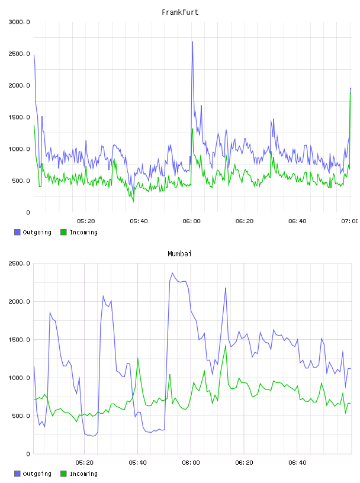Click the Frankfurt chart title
pyautogui.click(x=180, y=12)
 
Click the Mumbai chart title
pyautogui.click(x=179, y=254)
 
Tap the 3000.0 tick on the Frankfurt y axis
pyautogui.click(x=20, y=22)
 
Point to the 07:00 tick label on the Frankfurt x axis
pyautogui.click(x=351, y=221)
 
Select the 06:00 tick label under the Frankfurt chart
pyautogui.click(x=191, y=221)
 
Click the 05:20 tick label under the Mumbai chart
pyautogui.click(x=84, y=463)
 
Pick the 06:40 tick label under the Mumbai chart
pyautogui.click(x=297, y=463)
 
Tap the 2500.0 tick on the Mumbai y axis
pyautogui.click(x=20, y=263)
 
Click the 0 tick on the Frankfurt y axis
pyautogui.click(x=28, y=212)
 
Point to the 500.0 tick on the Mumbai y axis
pyautogui.click(x=21, y=416)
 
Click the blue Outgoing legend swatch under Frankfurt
pyautogui.click(x=17, y=232)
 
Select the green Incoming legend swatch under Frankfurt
pyautogui.click(x=63, y=232)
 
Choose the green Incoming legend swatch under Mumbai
pyautogui.click(x=63, y=474)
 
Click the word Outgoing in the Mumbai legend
pyautogui.click(x=37, y=474)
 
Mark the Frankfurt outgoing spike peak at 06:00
pyautogui.click(x=192, y=41)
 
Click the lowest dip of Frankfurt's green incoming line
pyautogui.click(x=133, y=201)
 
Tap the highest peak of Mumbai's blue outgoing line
pyautogui.click(x=172, y=273)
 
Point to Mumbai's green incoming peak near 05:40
pyautogui.click(x=137, y=358)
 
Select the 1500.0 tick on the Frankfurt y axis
pyautogui.click(x=20, y=117)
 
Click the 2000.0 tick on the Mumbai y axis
pyautogui.click(x=20, y=302)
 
